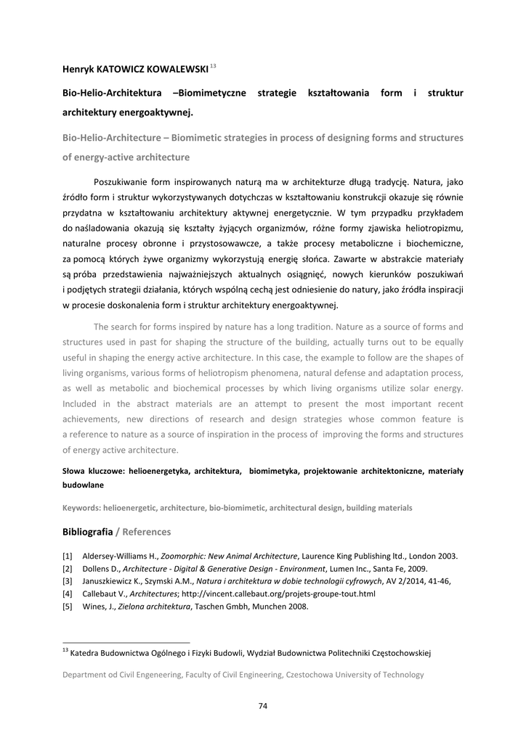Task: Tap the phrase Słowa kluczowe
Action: (93, 471)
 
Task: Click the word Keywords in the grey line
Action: (81, 508)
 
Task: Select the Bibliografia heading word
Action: (87, 532)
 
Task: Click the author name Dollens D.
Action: (100, 568)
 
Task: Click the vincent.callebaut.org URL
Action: (278, 594)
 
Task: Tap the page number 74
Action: (263, 706)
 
